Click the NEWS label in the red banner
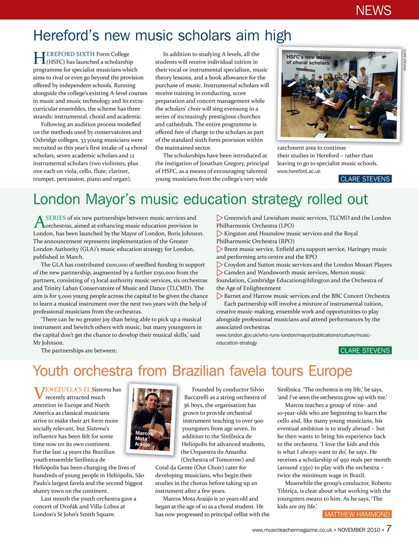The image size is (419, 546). coord(373,10)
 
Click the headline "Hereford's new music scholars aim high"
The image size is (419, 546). coord(162,35)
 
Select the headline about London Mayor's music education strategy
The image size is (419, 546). coord(200,199)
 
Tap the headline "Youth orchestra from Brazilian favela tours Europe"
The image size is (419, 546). coord(192,371)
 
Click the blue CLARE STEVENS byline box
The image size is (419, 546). coord(365,179)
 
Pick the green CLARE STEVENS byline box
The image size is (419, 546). coord(365,350)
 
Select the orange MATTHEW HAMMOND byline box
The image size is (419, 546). coord(357,514)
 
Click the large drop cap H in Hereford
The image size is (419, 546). coord(39,58)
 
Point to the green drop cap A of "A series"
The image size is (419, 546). coord(39,221)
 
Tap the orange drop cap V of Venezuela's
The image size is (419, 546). coord(38,393)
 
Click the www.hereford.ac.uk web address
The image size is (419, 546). coord(298,171)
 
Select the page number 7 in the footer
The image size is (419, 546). coord(389,529)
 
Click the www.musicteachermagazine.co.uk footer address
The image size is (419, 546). coord(292,530)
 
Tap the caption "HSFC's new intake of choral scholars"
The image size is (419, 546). coord(308,60)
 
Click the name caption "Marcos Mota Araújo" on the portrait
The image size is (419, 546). coord(143,439)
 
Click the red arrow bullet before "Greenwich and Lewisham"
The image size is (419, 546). coord(220,218)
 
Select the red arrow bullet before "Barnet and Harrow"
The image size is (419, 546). coord(220,296)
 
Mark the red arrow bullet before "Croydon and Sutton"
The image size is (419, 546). coord(220,265)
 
